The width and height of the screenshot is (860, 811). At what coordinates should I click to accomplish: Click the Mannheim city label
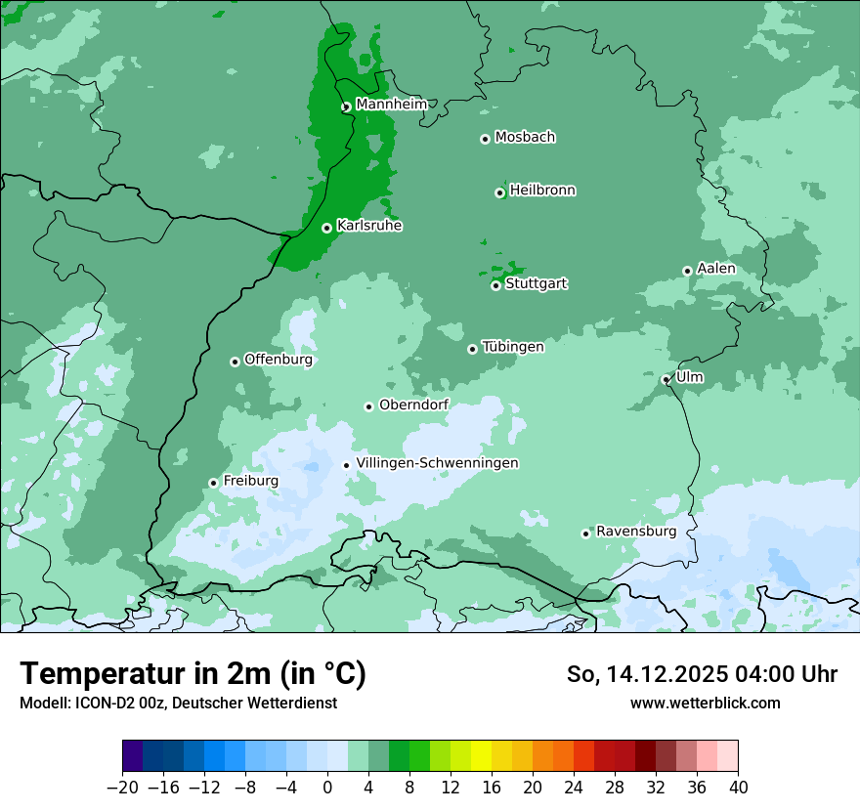[391, 105]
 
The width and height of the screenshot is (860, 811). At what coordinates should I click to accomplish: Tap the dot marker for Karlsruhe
[326, 229]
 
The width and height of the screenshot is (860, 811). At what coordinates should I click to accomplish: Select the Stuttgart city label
[536, 284]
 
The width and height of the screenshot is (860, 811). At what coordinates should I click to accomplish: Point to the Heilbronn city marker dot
[499, 192]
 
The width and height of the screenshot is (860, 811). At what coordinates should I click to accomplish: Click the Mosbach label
[525, 138]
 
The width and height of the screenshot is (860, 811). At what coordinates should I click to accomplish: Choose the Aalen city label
[716, 269]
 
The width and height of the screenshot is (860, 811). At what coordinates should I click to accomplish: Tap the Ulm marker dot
[666, 380]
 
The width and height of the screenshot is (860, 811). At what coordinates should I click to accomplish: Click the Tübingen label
[512, 347]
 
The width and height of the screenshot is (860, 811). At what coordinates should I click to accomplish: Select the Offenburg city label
[278, 360]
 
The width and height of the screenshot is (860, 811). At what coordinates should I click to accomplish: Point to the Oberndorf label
[413, 405]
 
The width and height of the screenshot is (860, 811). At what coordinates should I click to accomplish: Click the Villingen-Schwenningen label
[437, 463]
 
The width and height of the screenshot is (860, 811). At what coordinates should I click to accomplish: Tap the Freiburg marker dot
[213, 483]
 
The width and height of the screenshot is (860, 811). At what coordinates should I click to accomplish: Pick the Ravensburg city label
[636, 532]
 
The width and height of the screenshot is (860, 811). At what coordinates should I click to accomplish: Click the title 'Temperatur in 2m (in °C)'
[193, 673]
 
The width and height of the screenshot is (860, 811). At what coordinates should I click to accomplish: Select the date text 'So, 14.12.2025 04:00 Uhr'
[702, 674]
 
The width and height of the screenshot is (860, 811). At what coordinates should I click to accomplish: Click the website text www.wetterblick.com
[705, 703]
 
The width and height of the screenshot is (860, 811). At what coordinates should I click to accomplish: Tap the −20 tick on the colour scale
[122, 788]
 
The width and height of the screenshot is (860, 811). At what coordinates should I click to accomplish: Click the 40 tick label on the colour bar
[738, 788]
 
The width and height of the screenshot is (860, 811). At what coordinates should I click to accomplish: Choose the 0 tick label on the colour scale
[327, 788]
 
